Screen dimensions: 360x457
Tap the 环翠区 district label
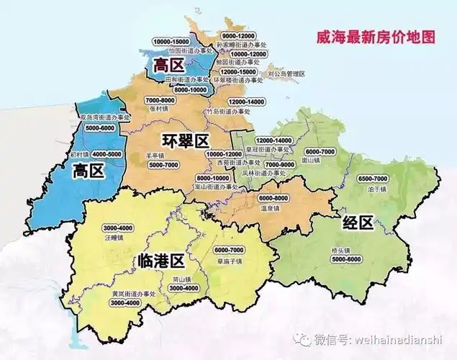pyautogui.click(x=185, y=140)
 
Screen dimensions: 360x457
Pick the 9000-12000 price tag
pyautogui.click(x=240, y=35)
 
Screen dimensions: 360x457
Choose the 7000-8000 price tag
pyautogui.click(x=160, y=100)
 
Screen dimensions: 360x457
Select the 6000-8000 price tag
pyautogui.click(x=273, y=198)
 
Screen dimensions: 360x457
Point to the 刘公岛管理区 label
pyautogui.click(x=286, y=73)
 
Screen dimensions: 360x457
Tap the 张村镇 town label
pyautogui.click(x=157, y=109)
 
